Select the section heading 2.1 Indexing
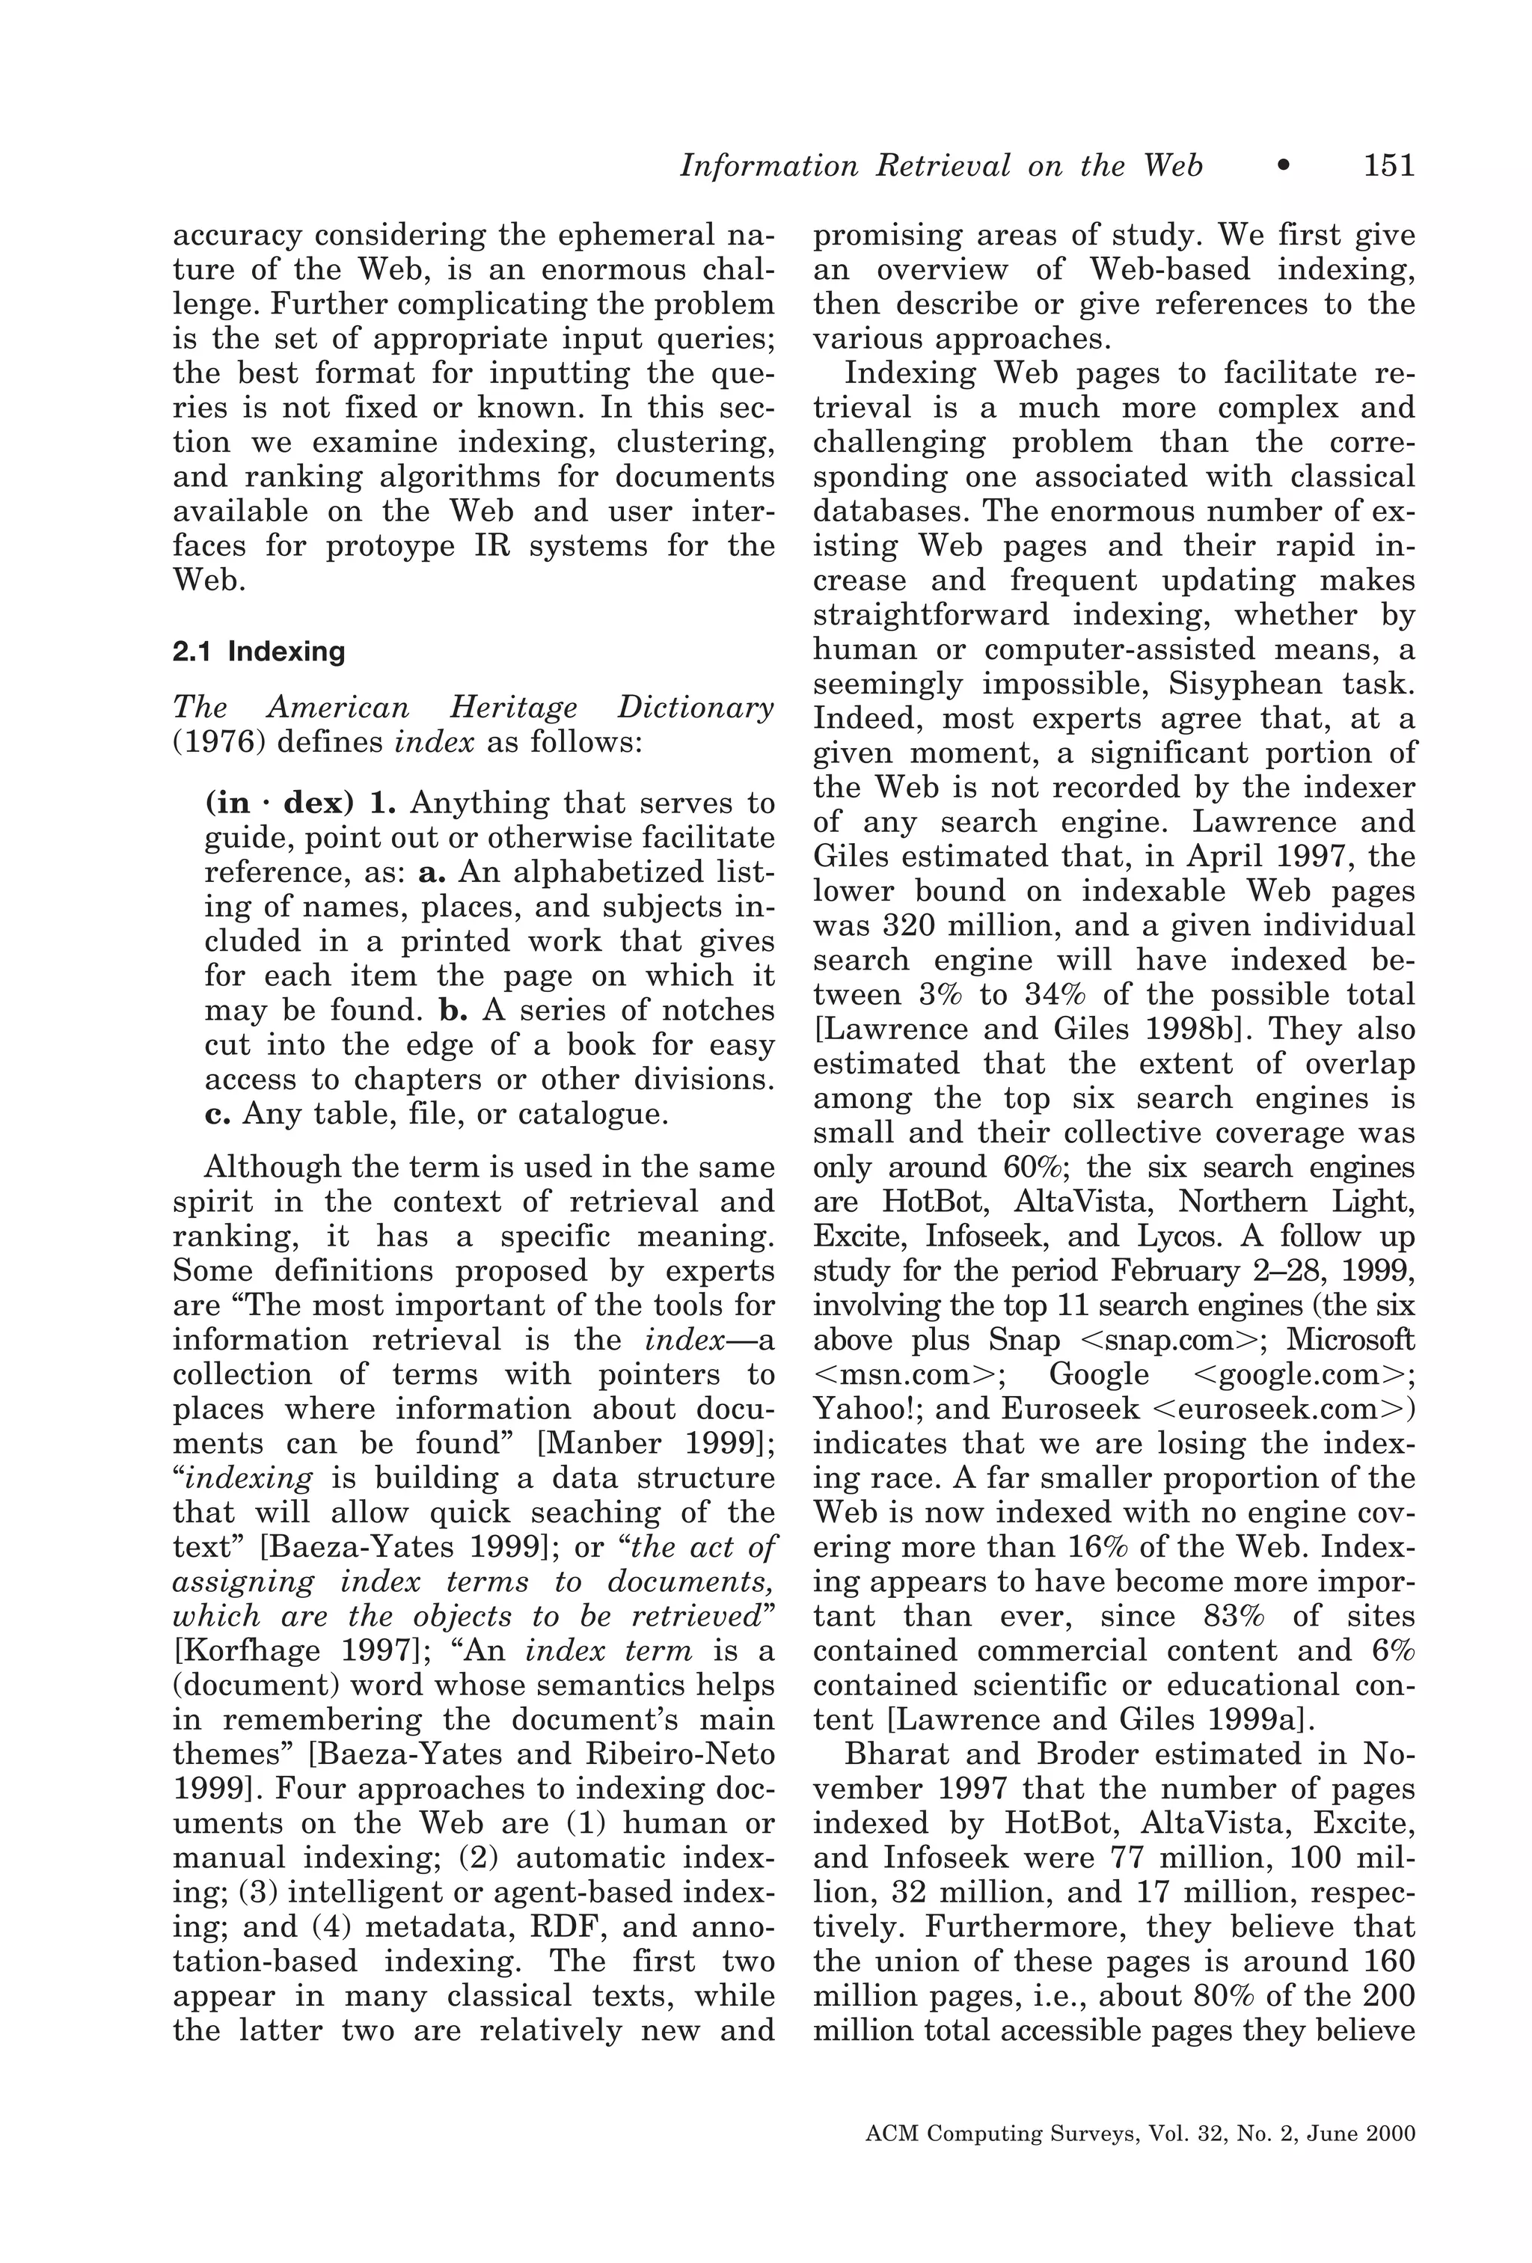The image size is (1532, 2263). [x=258, y=652]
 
